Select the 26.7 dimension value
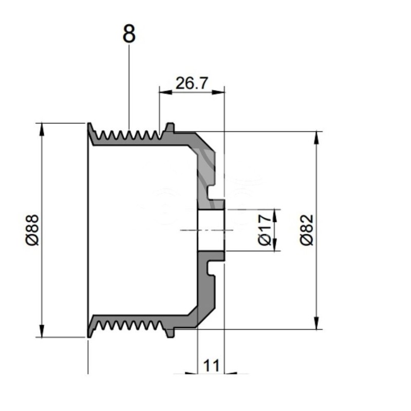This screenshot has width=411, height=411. tap(191, 83)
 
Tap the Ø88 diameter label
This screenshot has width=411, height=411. tap(32, 230)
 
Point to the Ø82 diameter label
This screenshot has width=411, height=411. tap(307, 230)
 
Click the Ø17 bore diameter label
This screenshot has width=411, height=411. tap(265, 230)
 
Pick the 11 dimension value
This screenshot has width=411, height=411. tap(212, 366)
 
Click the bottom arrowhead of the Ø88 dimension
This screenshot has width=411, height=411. tap(41, 333)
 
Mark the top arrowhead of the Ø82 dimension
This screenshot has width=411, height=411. tap(316, 136)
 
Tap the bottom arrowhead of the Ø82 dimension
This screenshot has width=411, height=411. tap(316, 325)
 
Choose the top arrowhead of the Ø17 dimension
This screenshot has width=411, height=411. tap(276, 213)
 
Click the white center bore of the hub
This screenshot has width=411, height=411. tap(211, 230)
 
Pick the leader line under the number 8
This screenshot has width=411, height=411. tap(129, 87)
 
